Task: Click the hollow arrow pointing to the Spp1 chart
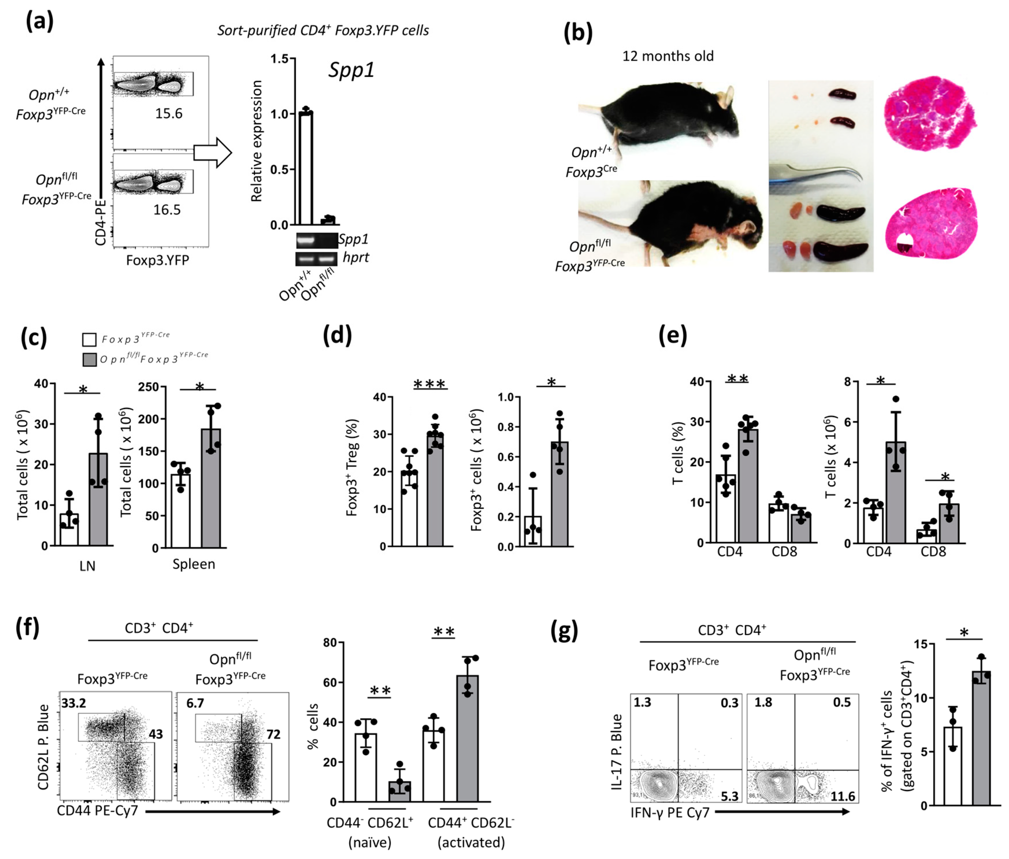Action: pos(213,152)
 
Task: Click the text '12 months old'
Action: pos(668,56)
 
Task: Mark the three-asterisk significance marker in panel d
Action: pos(429,385)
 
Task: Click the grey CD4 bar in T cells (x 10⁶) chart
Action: pos(895,492)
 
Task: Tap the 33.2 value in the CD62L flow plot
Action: pos(73,703)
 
